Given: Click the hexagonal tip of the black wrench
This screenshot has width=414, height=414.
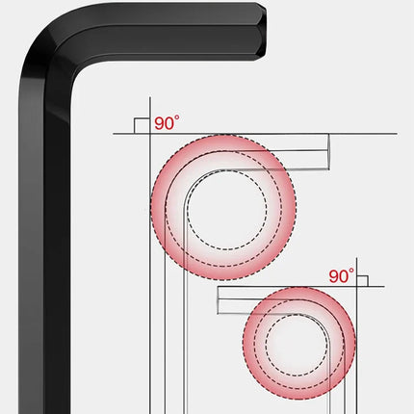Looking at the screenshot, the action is coord(261,31).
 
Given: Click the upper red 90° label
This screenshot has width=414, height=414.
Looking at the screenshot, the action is coord(167,123).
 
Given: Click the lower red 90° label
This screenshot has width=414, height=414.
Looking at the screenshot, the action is coord(342,276).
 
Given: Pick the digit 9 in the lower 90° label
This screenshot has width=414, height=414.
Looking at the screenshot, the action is coord(334,276).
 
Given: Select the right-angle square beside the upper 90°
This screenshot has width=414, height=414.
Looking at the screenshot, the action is coord(142,126).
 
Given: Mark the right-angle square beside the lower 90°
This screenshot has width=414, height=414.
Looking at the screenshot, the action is coord(362,281).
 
